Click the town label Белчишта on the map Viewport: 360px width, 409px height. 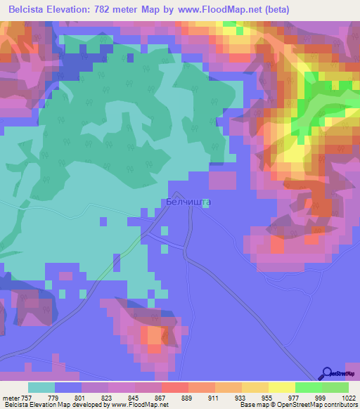pos(188,202)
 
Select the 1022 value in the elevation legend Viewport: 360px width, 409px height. pos(340,398)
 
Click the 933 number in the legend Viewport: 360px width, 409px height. pos(240,398)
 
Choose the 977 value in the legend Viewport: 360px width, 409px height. pos(294,398)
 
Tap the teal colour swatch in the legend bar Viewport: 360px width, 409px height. pos(41,387)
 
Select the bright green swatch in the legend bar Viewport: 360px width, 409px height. pos(308,387)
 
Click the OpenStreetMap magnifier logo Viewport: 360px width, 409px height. pos(328,374)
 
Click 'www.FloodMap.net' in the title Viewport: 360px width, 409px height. pos(215,9)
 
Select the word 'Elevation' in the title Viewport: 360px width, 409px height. pos(72,9)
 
